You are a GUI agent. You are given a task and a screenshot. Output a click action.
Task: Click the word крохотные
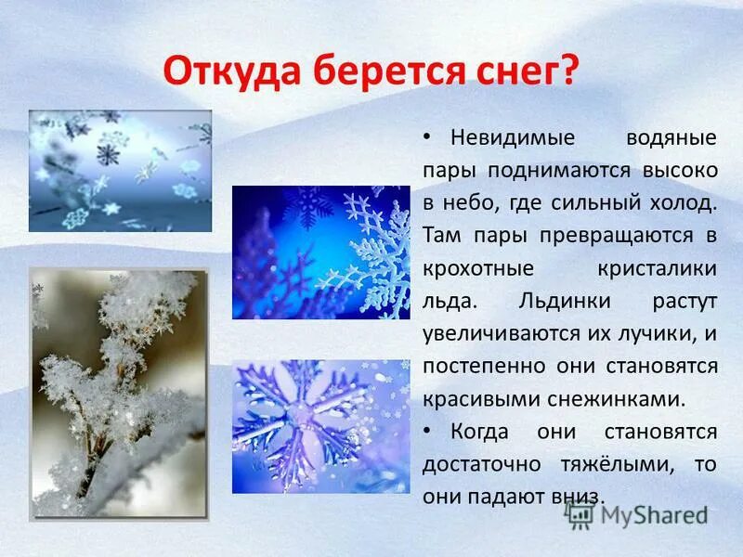[x=480, y=268]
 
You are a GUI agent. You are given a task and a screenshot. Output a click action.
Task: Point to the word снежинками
[x=624, y=398]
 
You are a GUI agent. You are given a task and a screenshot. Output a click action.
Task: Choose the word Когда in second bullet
[x=484, y=431]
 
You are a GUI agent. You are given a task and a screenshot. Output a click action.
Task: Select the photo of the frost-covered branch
[x=119, y=395]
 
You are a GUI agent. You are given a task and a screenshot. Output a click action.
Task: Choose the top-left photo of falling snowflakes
[x=120, y=170]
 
